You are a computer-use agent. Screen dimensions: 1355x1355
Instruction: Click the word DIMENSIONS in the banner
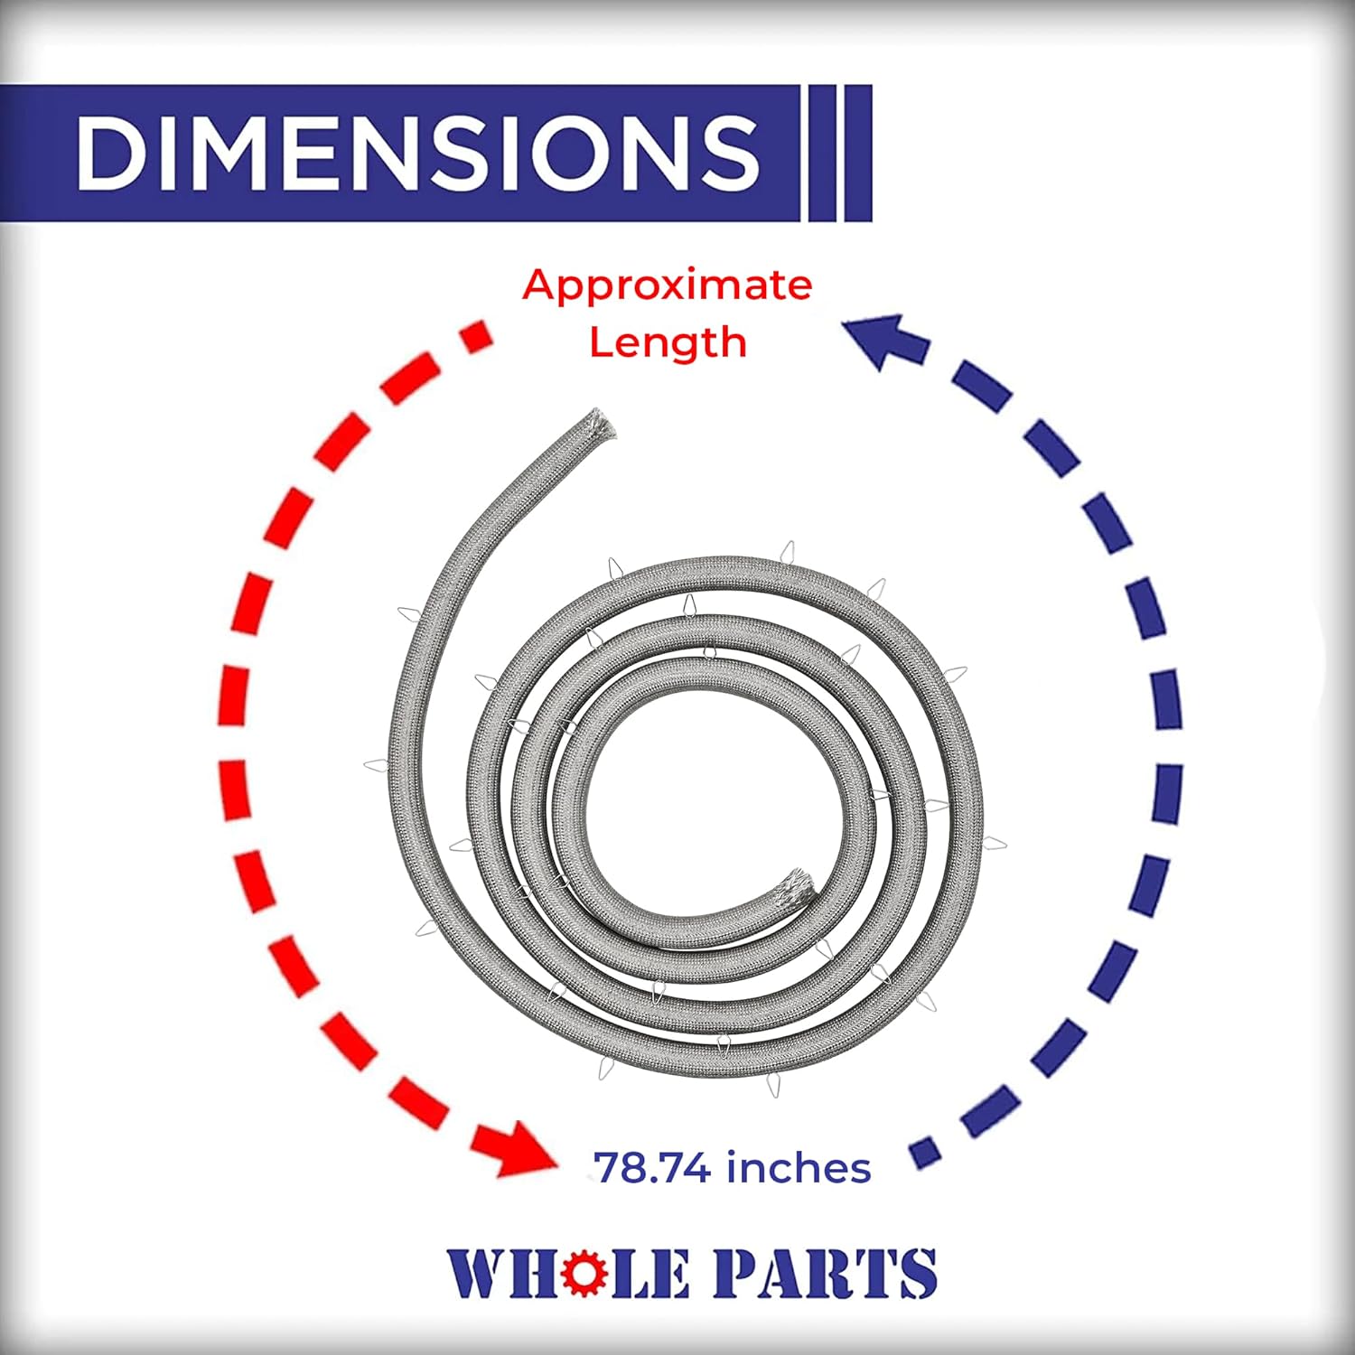click(417, 152)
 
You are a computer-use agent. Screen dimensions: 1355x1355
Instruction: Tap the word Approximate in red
click(667, 285)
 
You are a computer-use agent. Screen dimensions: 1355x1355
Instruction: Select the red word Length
click(668, 343)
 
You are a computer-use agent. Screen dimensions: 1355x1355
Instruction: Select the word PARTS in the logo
click(822, 1273)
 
